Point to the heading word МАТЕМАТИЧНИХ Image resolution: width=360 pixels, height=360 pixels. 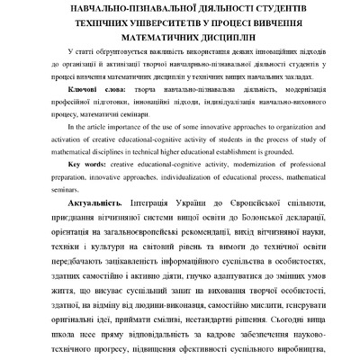pyautogui.click(x=162, y=40)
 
